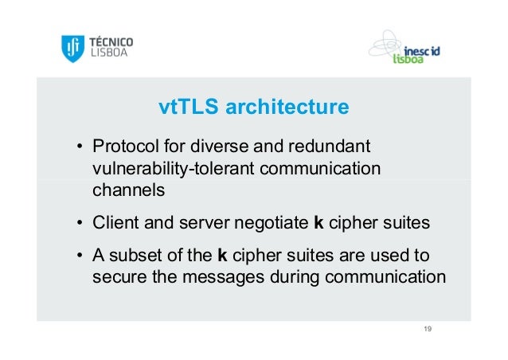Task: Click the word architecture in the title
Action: pyautogui.click(x=287, y=107)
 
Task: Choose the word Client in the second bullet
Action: pyautogui.click(x=114, y=223)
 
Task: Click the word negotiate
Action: pyautogui.click(x=275, y=223)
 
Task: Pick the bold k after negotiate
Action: pyautogui.click(x=319, y=223)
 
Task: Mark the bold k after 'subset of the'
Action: pyautogui.click(x=221, y=256)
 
